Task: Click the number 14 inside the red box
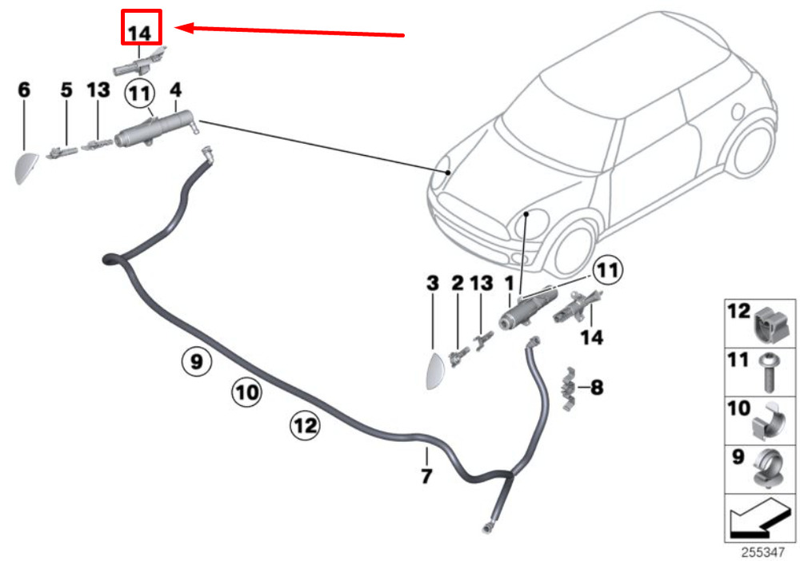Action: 140,34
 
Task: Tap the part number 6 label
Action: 24,90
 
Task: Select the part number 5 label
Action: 66,90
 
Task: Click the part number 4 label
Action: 175,90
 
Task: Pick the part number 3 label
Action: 433,283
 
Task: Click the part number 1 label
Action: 509,283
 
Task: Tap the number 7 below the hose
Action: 426,476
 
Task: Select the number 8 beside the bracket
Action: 597,388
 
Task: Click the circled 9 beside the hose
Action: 197,362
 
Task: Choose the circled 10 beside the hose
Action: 247,392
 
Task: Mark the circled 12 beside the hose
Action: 305,425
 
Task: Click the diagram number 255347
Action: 762,552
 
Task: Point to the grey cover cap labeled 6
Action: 26,168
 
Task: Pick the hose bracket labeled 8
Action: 568,388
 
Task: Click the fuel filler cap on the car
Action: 738,111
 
